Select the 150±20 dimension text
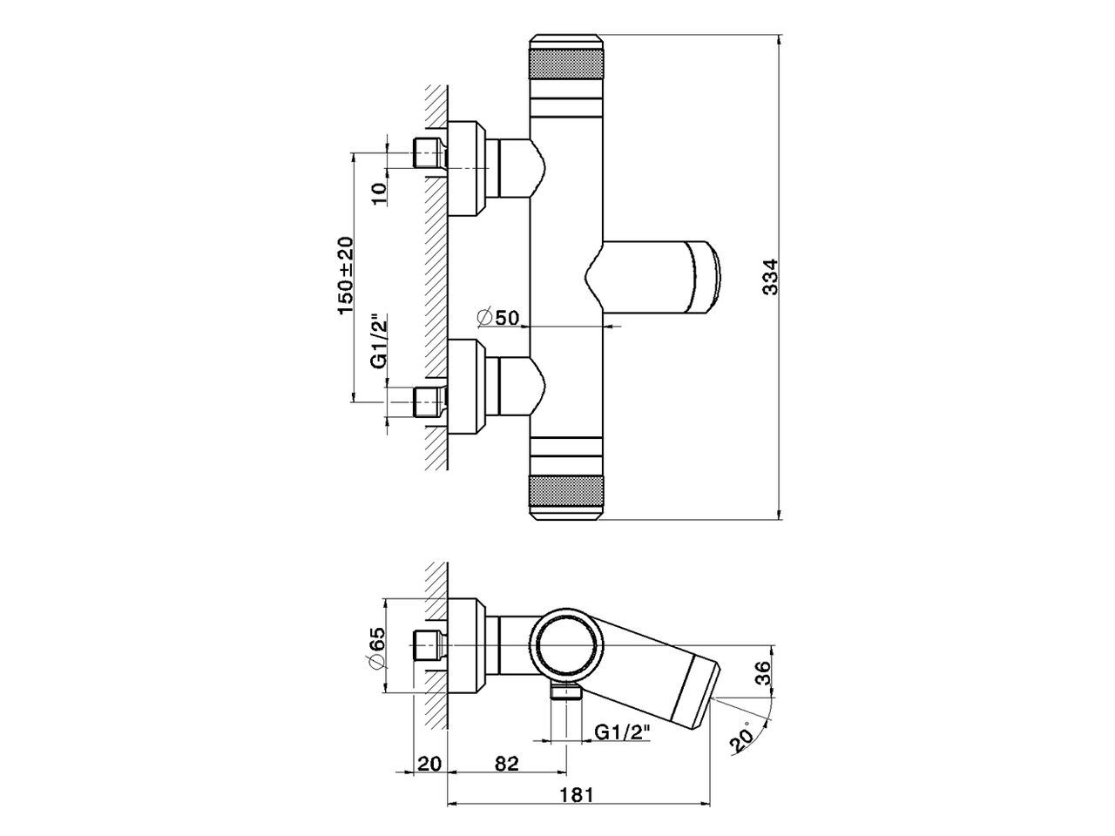click(346, 275)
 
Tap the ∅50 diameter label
click(499, 317)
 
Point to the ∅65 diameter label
click(377, 649)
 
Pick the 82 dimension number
click(506, 763)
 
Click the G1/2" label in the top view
click(378, 341)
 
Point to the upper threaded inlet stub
click(429, 153)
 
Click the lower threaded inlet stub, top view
click(429, 401)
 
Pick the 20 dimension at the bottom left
click(428, 763)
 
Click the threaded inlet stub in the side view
click(429, 645)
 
